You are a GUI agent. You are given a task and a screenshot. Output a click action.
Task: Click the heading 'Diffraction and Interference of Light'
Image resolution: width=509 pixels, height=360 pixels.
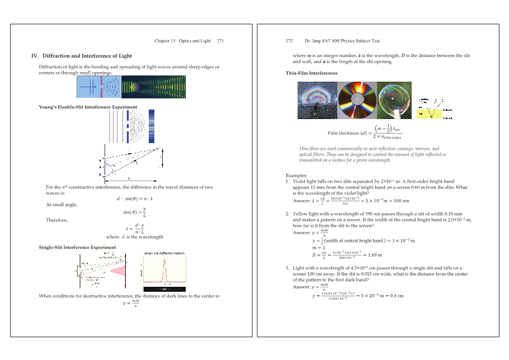coord(87,56)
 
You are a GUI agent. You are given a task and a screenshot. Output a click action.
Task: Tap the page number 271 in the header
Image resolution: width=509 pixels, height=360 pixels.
coord(220,41)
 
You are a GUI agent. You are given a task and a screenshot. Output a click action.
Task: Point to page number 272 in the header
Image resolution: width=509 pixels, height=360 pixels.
coord(289,41)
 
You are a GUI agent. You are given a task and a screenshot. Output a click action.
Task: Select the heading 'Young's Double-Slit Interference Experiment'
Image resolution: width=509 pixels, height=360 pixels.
coord(88,107)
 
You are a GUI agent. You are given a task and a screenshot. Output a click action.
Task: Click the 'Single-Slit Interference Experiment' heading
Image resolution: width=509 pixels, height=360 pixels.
coord(77,247)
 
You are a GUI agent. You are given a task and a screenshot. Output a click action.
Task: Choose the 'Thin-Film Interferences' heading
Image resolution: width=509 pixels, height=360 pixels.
coord(312,73)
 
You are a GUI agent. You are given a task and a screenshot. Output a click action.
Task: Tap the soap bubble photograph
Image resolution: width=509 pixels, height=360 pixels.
coord(394,100)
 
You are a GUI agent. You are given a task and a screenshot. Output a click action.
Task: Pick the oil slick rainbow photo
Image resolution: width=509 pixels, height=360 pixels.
coord(317,100)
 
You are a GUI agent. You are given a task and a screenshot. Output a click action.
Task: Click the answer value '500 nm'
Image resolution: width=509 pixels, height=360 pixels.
coord(400,201)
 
